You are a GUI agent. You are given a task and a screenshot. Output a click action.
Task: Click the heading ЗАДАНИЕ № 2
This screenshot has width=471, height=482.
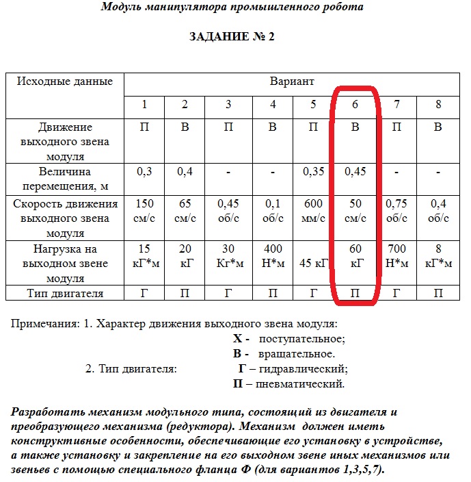point(231,36)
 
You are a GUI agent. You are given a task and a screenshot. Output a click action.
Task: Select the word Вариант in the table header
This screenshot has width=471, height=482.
point(291,81)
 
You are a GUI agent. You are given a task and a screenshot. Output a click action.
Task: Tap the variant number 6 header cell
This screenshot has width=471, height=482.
point(355,105)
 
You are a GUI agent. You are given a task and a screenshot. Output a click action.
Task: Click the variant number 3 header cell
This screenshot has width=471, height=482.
point(228,105)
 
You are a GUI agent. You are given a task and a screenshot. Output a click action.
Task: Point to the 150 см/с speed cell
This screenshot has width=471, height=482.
point(144,211)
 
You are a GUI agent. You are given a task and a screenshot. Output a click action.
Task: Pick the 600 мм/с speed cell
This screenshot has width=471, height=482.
point(314,211)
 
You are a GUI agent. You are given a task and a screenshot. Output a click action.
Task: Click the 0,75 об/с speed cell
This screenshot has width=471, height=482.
point(396,211)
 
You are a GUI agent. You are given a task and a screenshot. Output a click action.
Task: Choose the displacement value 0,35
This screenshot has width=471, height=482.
point(314,171)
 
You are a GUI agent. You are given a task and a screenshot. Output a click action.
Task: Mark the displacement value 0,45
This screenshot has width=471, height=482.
point(355,171)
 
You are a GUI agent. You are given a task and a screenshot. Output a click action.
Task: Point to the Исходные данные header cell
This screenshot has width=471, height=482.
point(65,81)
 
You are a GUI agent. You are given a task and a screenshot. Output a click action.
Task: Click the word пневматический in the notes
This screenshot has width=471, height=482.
point(299,384)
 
